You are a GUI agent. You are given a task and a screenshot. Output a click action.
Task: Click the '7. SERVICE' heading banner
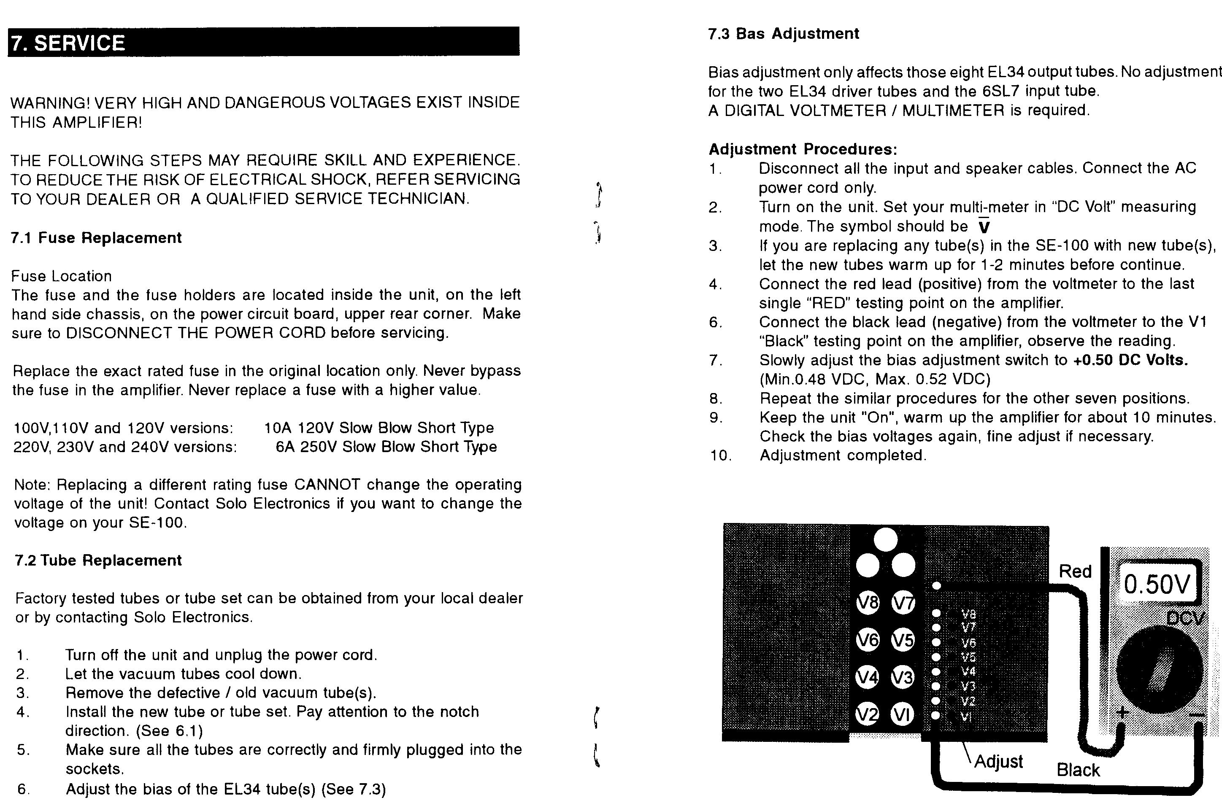(263, 42)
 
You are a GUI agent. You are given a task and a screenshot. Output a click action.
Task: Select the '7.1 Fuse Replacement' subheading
(96, 238)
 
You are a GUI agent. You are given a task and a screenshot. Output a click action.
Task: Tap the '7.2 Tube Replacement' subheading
(98, 560)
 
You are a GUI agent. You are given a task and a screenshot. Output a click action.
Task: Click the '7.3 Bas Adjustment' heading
(783, 34)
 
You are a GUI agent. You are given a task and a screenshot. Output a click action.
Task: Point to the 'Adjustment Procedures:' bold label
(803, 149)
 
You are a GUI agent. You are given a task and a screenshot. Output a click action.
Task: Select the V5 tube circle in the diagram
(903, 640)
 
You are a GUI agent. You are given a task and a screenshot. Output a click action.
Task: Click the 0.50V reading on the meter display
(1157, 585)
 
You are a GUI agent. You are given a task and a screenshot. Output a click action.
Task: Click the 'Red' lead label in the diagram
(1075, 571)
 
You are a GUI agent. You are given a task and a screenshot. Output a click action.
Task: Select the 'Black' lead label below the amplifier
(1078, 770)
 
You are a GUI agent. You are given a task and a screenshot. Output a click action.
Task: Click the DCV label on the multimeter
(1184, 618)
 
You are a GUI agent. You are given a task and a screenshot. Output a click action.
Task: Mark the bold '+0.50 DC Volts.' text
(1130, 360)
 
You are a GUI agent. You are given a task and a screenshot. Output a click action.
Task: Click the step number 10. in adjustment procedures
(721, 455)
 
